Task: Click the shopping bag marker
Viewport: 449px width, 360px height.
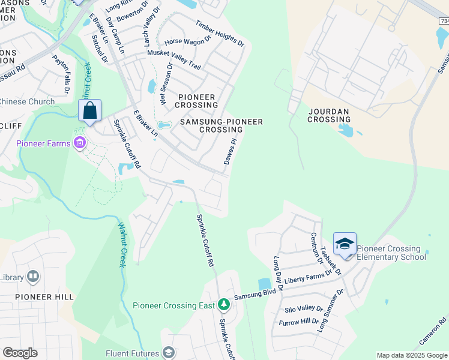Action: [x=89, y=111]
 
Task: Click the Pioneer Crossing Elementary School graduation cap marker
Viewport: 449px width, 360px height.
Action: [x=345, y=244]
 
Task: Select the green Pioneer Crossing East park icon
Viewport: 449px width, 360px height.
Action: [x=223, y=305]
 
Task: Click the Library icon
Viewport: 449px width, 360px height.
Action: [x=32, y=277]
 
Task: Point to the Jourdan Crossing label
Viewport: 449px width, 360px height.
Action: [x=329, y=115]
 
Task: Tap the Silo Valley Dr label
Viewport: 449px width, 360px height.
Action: [x=303, y=308]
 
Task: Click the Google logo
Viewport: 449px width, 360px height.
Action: [x=20, y=353]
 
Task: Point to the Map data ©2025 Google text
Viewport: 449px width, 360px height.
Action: [x=412, y=355]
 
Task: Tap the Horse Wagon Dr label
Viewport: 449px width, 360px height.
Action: [x=188, y=41]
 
